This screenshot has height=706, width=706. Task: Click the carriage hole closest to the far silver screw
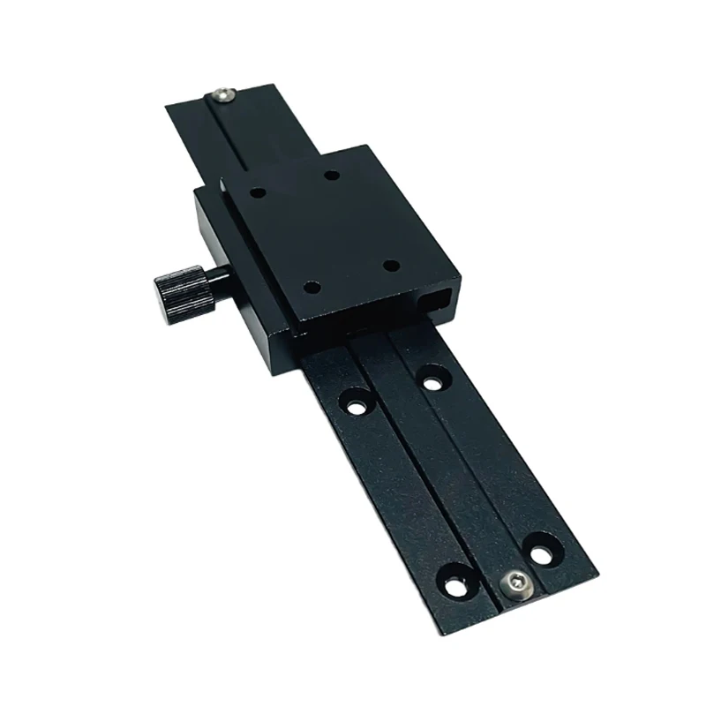click(258, 190)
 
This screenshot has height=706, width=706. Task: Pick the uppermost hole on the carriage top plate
click(331, 176)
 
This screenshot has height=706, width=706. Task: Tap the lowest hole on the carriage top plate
click(310, 286)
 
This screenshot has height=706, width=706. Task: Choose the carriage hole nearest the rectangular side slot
click(388, 265)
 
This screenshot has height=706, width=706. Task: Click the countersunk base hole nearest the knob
click(357, 407)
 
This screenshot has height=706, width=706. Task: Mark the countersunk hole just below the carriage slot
click(432, 381)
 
